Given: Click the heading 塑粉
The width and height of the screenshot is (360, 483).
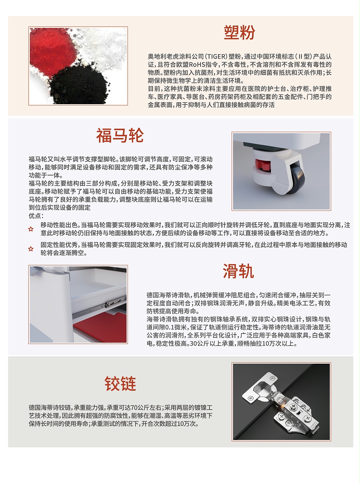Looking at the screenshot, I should pos(240,33).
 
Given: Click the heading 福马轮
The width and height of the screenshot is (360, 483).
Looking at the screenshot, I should pos(120,136).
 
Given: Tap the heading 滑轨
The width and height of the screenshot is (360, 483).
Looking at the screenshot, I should pos(238,272).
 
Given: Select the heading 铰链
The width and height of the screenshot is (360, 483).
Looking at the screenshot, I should pos(120,383).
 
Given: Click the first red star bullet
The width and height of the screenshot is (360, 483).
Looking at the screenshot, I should pos(31,229).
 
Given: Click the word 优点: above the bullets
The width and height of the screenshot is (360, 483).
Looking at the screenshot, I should pos(36,215).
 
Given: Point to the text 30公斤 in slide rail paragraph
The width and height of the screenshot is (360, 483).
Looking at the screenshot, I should pos(200,344).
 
